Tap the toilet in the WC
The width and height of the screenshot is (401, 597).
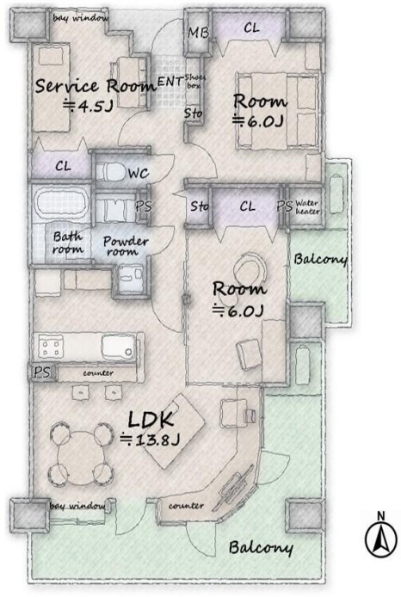tap(111, 172)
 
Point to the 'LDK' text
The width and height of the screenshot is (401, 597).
tap(151, 420)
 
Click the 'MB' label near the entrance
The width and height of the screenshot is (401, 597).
tap(198, 33)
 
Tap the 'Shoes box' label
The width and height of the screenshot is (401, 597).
tap(194, 82)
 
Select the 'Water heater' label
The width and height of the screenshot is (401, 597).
tap(306, 206)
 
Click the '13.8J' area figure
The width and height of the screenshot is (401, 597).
tap(150, 440)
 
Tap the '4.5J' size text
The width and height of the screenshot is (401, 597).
tap(89, 106)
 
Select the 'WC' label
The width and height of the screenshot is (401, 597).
tap(138, 174)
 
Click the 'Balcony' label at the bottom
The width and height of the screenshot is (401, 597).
tap(261, 547)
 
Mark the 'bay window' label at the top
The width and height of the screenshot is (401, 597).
tap(80, 18)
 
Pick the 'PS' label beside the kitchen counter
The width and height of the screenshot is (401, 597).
tap(42, 372)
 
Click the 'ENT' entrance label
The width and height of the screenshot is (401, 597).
tap(170, 81)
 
